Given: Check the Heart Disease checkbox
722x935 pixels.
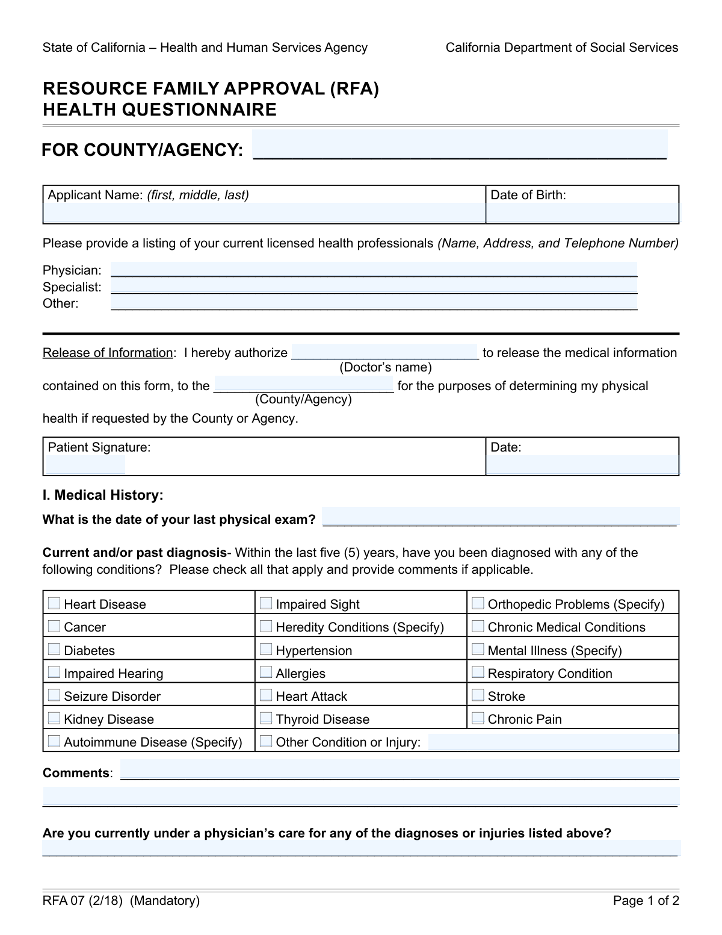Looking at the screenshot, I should [54, 603].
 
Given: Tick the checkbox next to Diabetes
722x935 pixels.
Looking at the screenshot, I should [54, 650].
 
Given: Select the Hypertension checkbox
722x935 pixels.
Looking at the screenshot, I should [266, 650].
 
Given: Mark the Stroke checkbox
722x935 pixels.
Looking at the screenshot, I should [478, 695].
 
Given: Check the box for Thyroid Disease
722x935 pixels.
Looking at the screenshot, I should [266, 718].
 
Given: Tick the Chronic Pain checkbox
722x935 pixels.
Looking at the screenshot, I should [478, 718].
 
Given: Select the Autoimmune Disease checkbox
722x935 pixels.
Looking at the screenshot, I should [54, 741].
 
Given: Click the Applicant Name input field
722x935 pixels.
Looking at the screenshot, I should [264, 213].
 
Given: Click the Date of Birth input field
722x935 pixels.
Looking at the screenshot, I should [582, 213].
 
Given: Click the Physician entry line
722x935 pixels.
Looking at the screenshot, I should [374, 270].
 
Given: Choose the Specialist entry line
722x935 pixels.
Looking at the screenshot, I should [374, 287].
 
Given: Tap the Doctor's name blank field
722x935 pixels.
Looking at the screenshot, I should [385, 352].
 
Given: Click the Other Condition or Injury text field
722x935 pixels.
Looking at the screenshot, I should [553, 742].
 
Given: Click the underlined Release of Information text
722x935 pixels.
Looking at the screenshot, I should [108, 353].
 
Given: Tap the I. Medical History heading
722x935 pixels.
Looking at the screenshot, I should [103, 495].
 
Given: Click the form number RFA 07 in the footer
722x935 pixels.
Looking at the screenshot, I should [64, 901].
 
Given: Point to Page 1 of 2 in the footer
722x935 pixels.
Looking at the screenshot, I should [646, 901].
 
